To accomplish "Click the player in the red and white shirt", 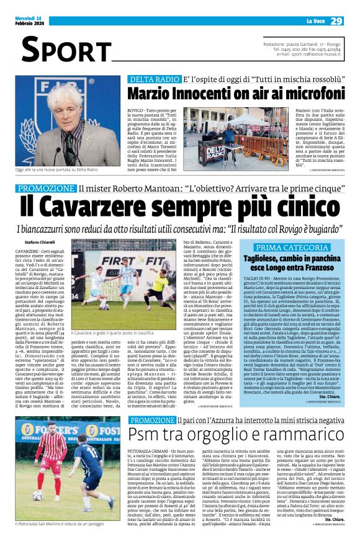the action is point(53,450).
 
